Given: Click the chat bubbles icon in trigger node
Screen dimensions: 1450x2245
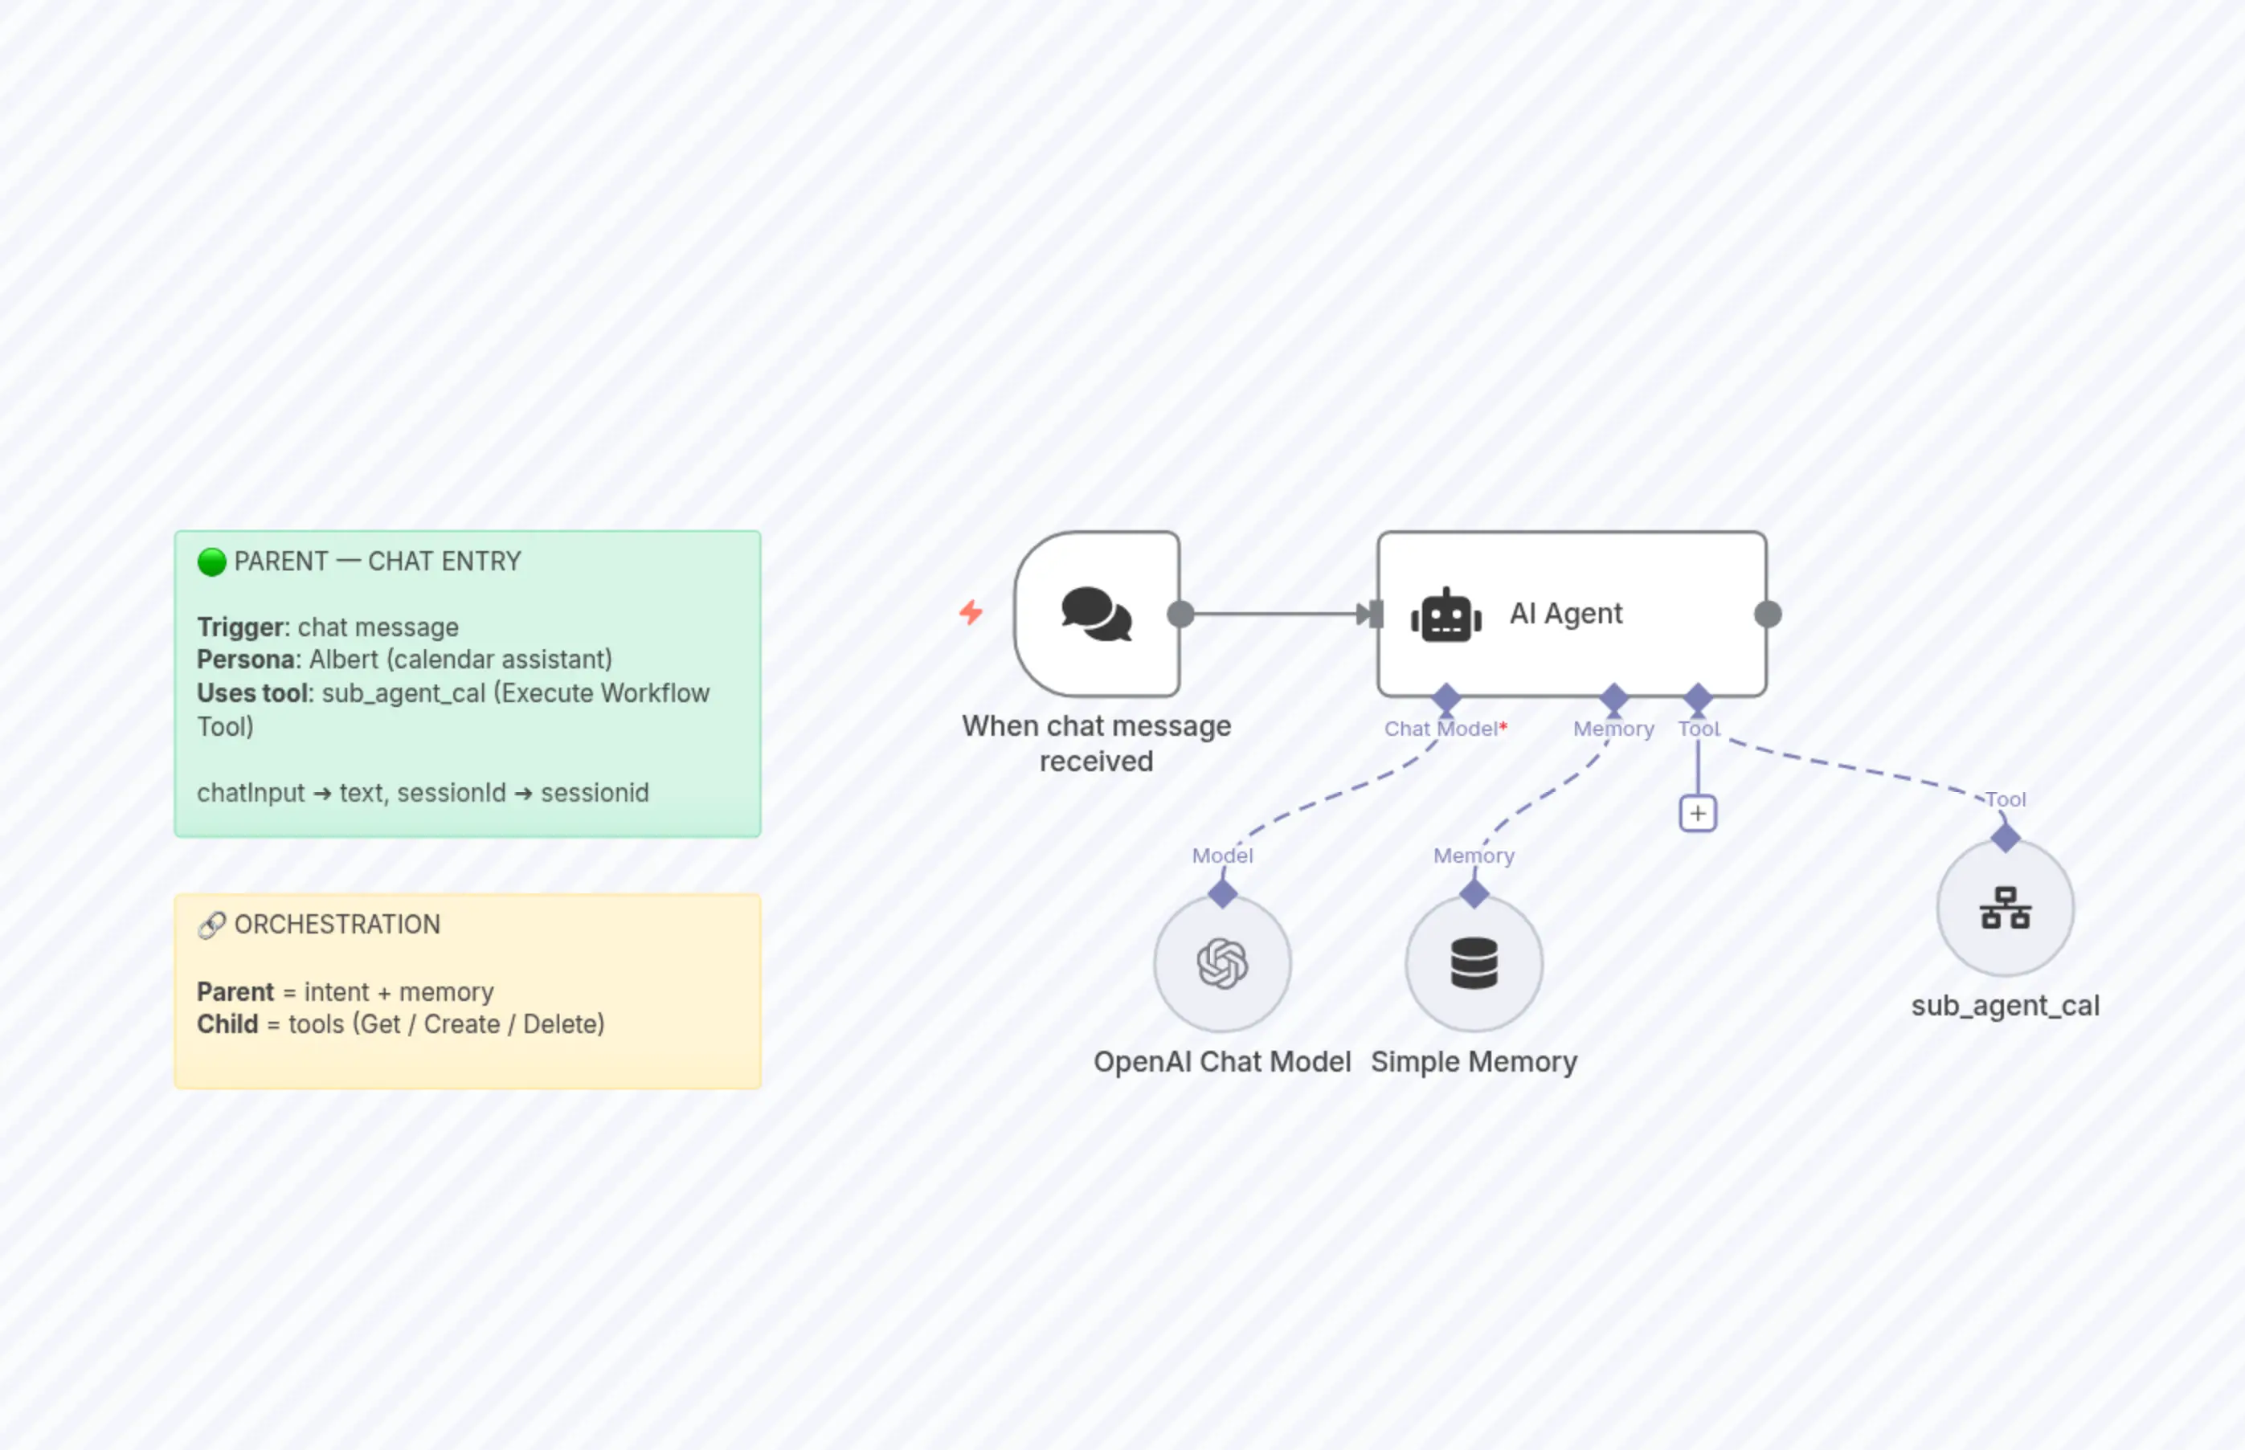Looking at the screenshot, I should (x=1096, y=614).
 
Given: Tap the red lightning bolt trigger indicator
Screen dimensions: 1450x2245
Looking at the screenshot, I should (x=971, y=613).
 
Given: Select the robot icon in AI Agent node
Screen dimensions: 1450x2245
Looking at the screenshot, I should (x=1446, y=617).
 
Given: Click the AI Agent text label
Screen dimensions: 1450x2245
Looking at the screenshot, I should (x=1565, y=614).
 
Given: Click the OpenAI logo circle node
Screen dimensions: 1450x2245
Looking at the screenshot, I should (x=1222, y=963).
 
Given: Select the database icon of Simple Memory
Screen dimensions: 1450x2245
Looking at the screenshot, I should (x=1474, y=963).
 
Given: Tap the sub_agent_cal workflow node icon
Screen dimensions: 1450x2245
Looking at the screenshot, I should (x=2005, y=908).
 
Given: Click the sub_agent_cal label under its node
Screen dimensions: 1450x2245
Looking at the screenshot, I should (x=2005, y=1006).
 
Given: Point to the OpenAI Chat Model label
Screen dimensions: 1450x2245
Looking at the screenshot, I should (x=1221, y=1062).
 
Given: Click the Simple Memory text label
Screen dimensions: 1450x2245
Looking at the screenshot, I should (x=1474, y=1062).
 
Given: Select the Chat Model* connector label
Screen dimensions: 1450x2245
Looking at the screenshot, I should (x=1445, y=729).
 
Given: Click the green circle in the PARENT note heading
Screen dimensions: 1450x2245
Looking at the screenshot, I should (x=212, y=562).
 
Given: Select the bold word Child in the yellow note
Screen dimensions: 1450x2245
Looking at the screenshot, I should (x=227, y=1024).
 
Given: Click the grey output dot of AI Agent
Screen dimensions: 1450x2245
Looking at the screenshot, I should (x=1768, y=615).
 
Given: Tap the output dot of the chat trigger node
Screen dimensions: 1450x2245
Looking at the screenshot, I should (x=1180, y=615).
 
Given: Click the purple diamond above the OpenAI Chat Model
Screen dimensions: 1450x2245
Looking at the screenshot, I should (x=1222, y=893).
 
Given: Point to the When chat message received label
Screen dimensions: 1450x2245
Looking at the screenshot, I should (x=1096, y=743).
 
